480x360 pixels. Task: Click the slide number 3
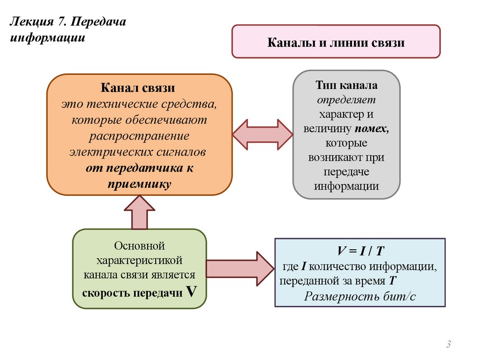[x=449, y=345]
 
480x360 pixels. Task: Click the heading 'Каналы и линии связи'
[x=336, y=43]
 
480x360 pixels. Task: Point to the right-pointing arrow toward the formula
[x=239, y=269]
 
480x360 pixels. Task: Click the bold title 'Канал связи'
[x=139, y=88]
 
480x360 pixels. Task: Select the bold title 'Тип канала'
[x=346, y=86]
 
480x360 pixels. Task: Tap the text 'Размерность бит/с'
[x=360, y=296]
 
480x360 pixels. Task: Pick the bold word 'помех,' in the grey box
[x=372, y=129]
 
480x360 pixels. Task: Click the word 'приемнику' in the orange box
[x=139, y=184]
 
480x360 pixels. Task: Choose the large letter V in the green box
[x=191, y=292]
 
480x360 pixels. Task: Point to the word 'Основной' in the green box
[x=140, y=245]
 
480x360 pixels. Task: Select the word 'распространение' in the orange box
[x=139, y=136]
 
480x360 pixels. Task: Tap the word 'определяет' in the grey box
[x=346, y=100]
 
